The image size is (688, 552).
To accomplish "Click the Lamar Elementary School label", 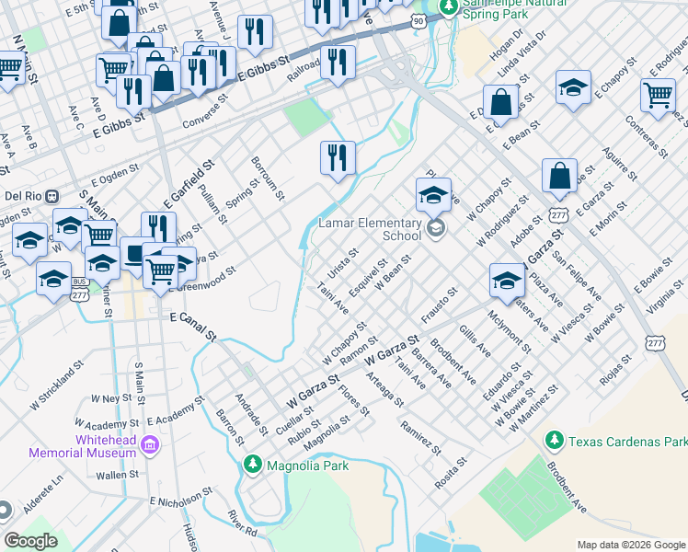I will pos(370,228).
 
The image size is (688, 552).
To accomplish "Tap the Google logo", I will pos(30,541).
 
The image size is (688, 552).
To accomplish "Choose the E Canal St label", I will pos(193,328).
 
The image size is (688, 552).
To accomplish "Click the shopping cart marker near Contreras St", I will pos(658,94).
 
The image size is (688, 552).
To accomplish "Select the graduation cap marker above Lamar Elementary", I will pos(433,194).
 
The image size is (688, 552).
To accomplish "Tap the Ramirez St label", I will pos(420,437).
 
